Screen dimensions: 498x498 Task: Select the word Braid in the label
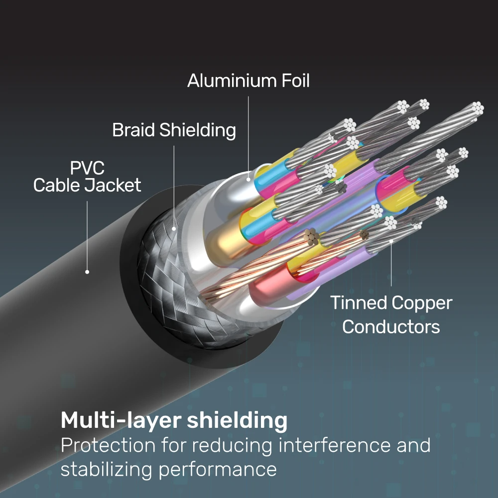click(x=133, y=130)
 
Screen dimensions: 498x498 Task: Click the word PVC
click(x=87, y=168)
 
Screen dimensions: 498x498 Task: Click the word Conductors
click(x=391, y=327)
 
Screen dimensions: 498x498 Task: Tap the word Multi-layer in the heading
click(x=121, y=421)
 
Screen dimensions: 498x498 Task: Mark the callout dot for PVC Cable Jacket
click(x=87, y=272)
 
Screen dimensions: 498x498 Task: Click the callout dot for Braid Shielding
click(x=174, y=229)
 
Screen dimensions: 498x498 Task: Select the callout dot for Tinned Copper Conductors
click(x=391, y=241)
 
